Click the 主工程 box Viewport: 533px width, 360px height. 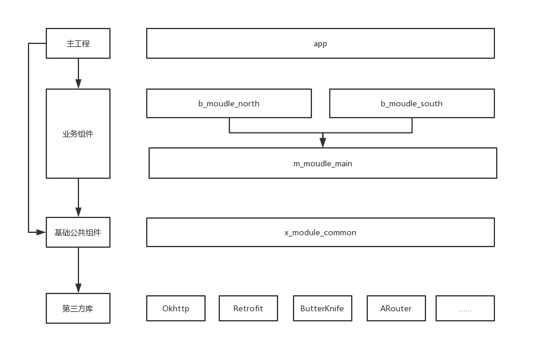[78, 44]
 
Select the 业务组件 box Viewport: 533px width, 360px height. [78, 134]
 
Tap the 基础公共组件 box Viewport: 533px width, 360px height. [78, 232]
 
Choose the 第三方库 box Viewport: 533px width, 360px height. [78, 309]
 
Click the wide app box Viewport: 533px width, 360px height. [320, 44]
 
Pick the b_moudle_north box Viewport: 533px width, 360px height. [229, 103]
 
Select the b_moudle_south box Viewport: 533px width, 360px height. [412, 103]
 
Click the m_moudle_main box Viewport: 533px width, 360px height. [323, 163]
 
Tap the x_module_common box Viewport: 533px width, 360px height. [320, 232]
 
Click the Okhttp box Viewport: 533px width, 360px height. [176, 309]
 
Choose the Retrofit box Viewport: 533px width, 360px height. [248, 309]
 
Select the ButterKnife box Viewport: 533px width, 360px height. [322, 309]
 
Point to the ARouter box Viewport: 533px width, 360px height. [396, 309]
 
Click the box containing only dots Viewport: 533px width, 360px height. [465, 309]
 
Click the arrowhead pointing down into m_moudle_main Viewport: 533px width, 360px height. [323, 143]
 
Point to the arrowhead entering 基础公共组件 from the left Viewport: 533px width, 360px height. [41, 232]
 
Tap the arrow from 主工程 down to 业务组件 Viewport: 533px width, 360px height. [78, 74]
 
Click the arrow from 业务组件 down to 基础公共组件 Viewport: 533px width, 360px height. [78, 198]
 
